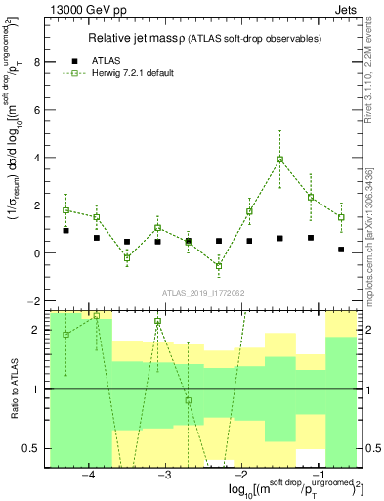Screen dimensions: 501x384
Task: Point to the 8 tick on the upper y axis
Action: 38,63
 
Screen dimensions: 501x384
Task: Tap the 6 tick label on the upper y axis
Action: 38,111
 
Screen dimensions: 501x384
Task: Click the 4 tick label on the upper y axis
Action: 38,158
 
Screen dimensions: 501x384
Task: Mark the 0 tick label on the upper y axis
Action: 38,253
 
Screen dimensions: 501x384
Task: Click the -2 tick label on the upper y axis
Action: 35,300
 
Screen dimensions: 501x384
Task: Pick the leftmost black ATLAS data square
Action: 65,231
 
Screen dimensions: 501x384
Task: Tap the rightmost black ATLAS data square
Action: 341,250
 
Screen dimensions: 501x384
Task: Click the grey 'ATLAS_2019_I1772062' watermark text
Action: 203,292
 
